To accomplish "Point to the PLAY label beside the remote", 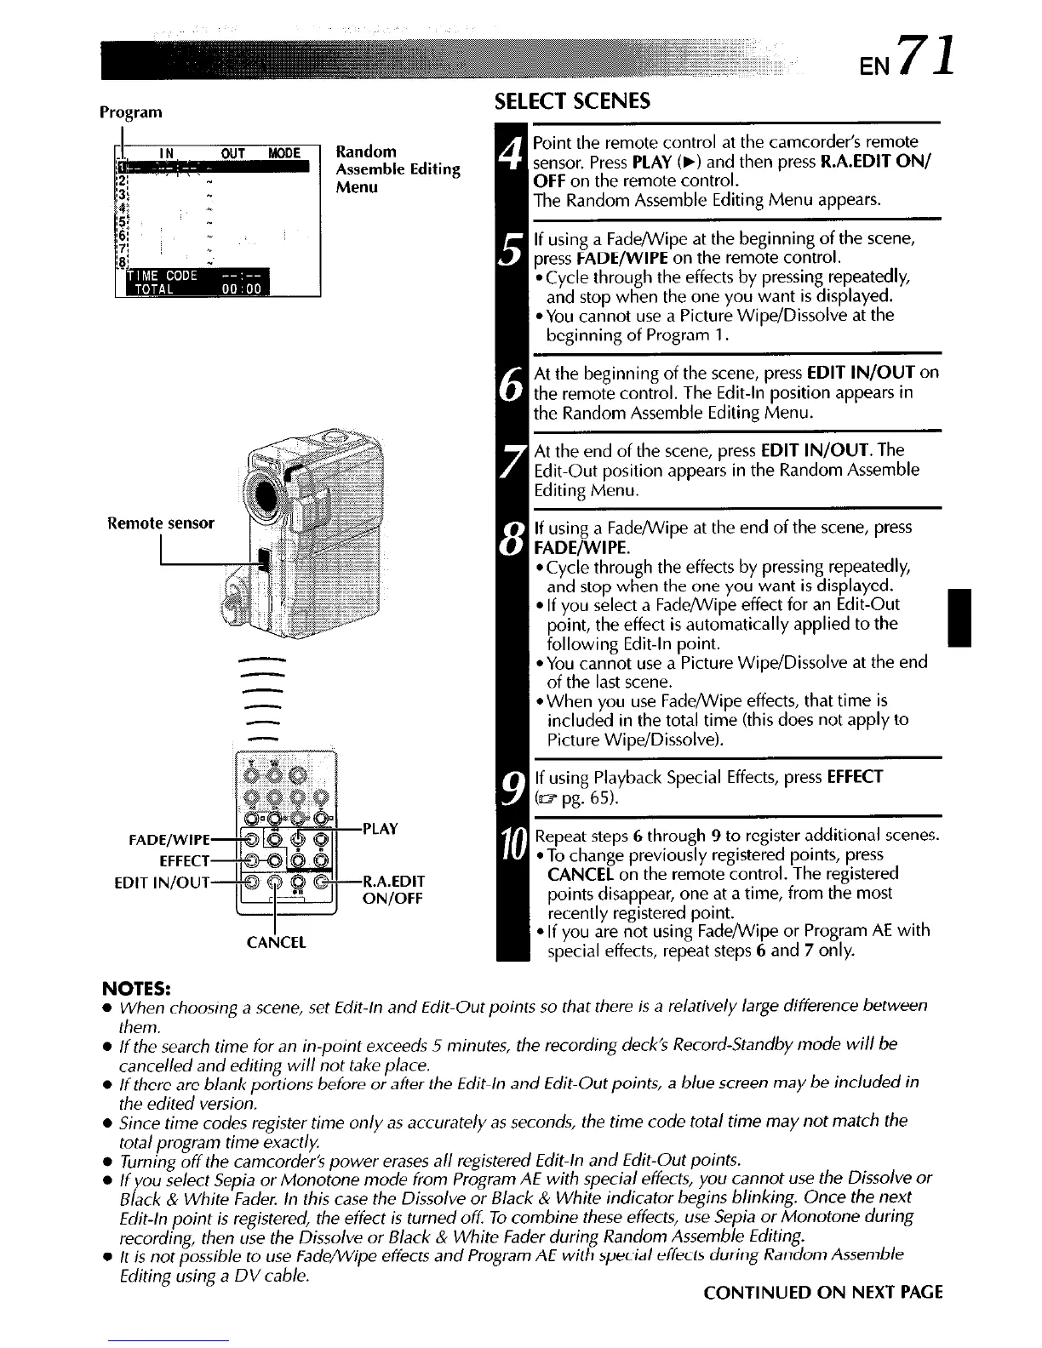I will (x=381, y=828).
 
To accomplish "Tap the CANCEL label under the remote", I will (x=275, y=942).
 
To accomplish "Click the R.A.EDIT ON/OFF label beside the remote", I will (x=392, y=889).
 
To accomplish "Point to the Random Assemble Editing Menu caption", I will (x=398, y=168).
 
